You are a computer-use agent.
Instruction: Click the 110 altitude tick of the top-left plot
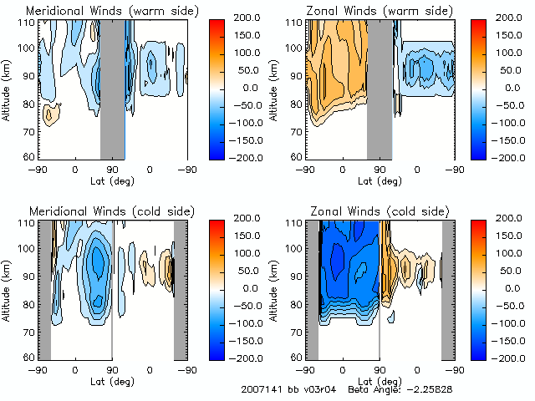pos(28,23)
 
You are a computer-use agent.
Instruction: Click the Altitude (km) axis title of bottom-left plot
pos(8,288)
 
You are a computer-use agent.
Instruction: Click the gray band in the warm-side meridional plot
pos(113,88)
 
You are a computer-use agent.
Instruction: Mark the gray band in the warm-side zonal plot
pos(380,88)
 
